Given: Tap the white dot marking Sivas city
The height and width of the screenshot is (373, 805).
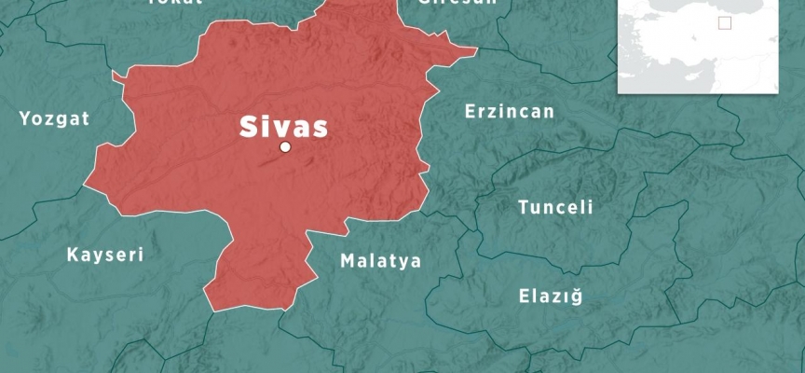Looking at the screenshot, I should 285,146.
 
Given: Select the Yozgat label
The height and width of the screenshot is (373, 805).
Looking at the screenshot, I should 55,118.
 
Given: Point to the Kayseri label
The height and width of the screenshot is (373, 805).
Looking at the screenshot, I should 105,255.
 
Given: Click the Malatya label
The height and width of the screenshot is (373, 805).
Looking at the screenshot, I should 380,261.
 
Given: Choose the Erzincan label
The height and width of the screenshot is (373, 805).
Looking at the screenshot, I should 509,112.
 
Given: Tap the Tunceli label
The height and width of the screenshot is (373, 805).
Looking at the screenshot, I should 555,208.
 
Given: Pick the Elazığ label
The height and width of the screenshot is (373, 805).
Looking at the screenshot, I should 550,297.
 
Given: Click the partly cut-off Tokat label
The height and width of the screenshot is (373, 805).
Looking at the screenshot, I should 175,3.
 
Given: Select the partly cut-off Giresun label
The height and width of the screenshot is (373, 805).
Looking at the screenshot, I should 457,3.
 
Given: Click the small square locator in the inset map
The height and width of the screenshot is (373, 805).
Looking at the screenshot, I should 725,23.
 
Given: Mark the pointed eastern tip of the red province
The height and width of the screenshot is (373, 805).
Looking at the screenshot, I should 476,48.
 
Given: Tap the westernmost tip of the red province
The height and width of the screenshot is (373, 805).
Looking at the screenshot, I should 85,185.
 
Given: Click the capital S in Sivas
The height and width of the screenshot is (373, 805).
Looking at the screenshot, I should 249,127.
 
